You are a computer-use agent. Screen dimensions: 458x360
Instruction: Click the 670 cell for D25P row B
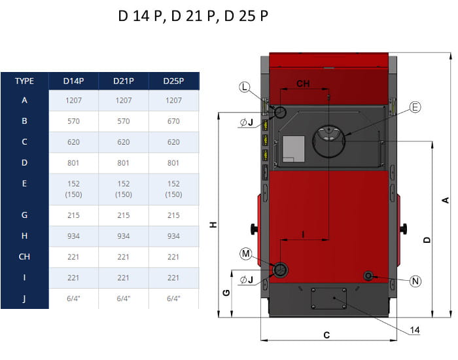tap(173, 121)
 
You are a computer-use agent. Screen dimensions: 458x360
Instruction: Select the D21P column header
tap(124, 81)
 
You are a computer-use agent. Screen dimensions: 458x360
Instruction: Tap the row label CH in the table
tap(24, 257)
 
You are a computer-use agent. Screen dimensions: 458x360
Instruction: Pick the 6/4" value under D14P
tap(73, 298)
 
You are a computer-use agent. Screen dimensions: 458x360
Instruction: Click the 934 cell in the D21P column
tap(124, 236)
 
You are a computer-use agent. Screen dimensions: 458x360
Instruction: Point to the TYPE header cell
tap(25, 81)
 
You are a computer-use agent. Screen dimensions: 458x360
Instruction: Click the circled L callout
tap(245, 87)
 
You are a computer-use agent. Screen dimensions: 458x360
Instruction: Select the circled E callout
tap(415, 107)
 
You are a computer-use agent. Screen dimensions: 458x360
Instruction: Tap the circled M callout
tap(246, 254)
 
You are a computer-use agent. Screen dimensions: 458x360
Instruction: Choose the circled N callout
tap(415, 281)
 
